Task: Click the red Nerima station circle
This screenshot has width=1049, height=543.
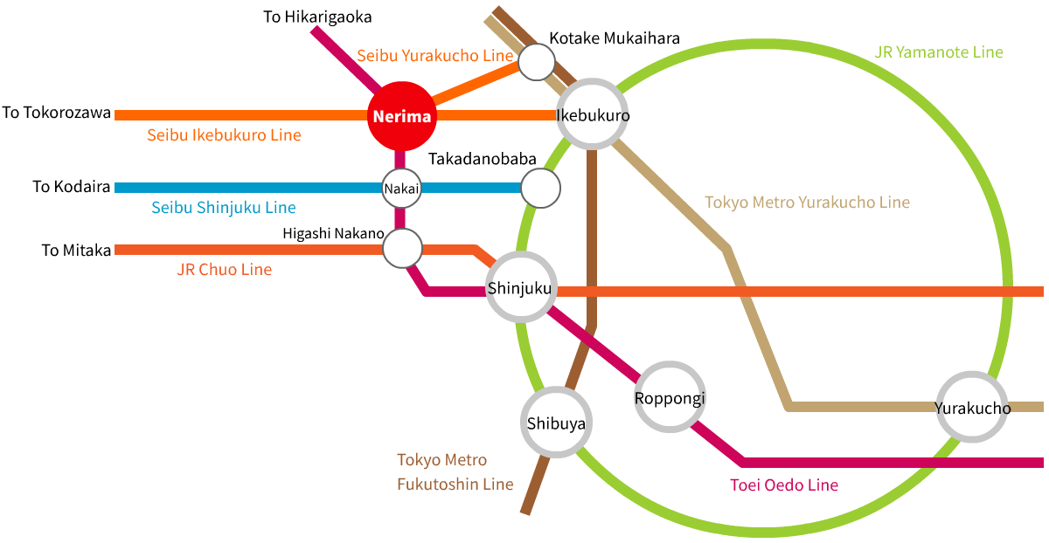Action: point(400,116)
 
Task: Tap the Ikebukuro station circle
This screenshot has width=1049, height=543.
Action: point(593,115)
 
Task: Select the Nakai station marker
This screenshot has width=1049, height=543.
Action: point(401,188)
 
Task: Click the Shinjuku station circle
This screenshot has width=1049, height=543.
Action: point(520,288)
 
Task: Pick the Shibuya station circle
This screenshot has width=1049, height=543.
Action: point(555,423)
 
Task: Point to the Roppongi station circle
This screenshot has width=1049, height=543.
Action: point(669,399)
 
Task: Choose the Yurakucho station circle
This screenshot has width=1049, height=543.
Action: point(972,408)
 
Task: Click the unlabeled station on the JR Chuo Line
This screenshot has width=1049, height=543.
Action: point(402,250)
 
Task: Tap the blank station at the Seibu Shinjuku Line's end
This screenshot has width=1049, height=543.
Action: point(540,189)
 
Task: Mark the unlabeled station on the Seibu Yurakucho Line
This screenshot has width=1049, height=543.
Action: point(537,61)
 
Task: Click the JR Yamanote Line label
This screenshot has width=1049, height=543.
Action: point(938,52)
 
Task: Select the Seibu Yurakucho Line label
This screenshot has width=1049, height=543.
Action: point(434,56)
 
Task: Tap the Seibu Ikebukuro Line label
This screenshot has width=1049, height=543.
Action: point(224,135)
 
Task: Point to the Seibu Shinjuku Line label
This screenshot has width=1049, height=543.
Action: point(223,208)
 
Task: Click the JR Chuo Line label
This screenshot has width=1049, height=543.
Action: point(224,270)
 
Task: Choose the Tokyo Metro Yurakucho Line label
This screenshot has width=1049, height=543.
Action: point(807,203)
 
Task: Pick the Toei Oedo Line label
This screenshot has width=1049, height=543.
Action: point(783,485)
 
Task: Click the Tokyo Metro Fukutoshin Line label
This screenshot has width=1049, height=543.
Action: point(455,471)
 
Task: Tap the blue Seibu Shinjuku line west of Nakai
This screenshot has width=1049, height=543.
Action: point(245,188)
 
